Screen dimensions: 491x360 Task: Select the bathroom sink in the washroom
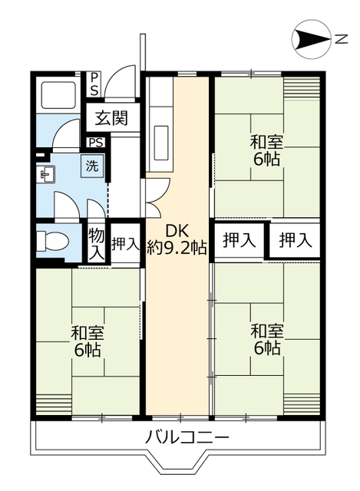point(46,175)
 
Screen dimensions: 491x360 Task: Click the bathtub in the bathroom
point(54,98)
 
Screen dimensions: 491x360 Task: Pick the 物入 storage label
point(96,244)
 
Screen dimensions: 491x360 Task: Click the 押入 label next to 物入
point(125,244)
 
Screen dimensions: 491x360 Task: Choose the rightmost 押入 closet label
point(296,240)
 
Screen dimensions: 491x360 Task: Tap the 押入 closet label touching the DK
point(239,240)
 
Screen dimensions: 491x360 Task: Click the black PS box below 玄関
point(97,143)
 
